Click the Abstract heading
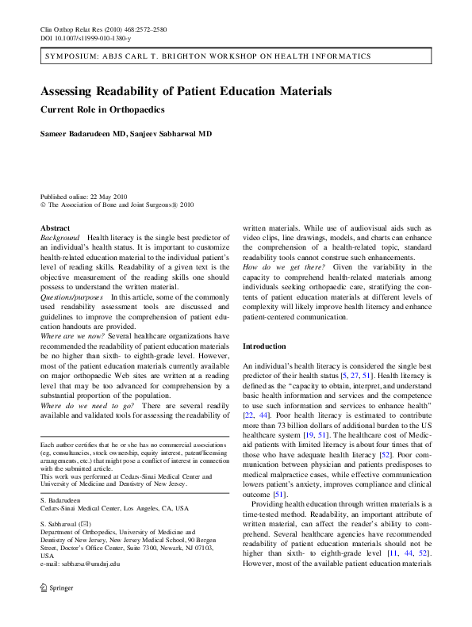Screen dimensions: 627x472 [55, 228]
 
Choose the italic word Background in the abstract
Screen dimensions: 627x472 [59, 238]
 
